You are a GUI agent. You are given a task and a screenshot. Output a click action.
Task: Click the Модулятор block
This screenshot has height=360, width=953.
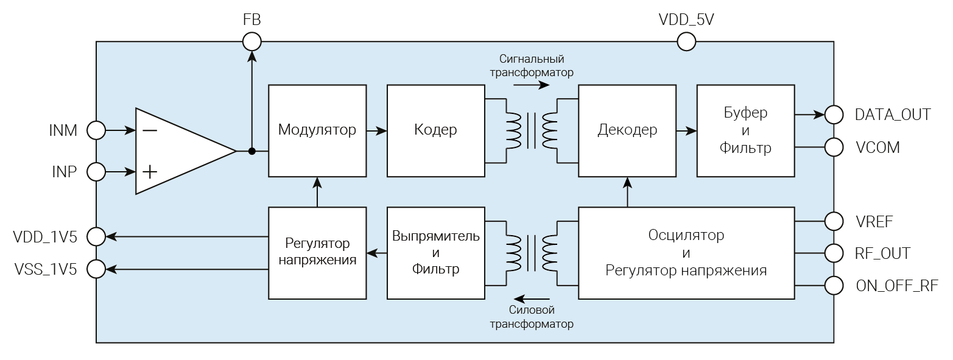317,130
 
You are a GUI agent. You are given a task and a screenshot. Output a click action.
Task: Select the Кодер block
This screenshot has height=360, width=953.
435,130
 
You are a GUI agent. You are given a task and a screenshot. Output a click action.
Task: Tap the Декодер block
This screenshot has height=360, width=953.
627,130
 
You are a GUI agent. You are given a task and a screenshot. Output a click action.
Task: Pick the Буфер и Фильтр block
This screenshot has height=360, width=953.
745,130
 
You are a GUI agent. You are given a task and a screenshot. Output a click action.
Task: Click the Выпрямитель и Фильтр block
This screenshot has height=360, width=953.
435,253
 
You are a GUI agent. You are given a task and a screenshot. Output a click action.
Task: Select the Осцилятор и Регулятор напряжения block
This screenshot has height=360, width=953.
686,253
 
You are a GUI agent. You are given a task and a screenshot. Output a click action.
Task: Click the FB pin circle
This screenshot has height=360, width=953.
251,41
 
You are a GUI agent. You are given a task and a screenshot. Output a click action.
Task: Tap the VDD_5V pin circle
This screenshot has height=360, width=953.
686,41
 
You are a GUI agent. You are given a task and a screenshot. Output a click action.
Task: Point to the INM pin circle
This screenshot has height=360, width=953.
96,130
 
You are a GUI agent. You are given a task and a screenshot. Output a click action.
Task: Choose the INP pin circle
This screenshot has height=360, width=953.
96,172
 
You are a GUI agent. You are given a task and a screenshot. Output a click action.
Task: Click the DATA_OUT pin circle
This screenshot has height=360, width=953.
834,114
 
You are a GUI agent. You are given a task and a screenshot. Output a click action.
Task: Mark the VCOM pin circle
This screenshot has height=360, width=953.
834,147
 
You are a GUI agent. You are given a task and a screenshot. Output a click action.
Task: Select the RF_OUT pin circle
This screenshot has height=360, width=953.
834,253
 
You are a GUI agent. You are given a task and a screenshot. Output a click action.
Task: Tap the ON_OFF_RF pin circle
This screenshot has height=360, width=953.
834,284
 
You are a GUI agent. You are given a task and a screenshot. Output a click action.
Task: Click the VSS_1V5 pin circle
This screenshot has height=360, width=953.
96,268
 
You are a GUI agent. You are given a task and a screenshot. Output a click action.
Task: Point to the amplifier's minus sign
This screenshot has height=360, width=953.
149,130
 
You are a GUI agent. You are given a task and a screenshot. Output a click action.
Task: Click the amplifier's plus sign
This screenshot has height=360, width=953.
149,172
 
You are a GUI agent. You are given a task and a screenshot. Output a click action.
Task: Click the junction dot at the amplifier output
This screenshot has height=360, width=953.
251,151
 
